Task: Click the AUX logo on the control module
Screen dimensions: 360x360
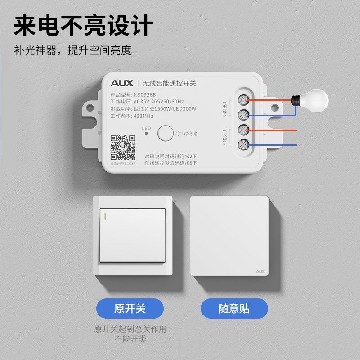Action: pyautogui.click(x=122, y=83)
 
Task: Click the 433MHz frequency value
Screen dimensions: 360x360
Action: pyautogui.click(x=143, y=116)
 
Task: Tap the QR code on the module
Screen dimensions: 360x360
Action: pyautogui.click(x=123, y=148)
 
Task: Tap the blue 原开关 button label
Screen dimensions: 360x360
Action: pyautogui.click(x=130, y=309)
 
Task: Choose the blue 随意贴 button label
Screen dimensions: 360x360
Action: pyautogui.click(x=234, y=309)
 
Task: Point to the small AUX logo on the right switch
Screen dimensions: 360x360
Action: pyautogui.click(x=260, y=271)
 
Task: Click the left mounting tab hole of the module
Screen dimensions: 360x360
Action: pyautogui.click(x=90, y=109)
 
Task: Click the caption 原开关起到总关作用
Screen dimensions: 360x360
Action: pyautogui.click(x=130, y=329)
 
